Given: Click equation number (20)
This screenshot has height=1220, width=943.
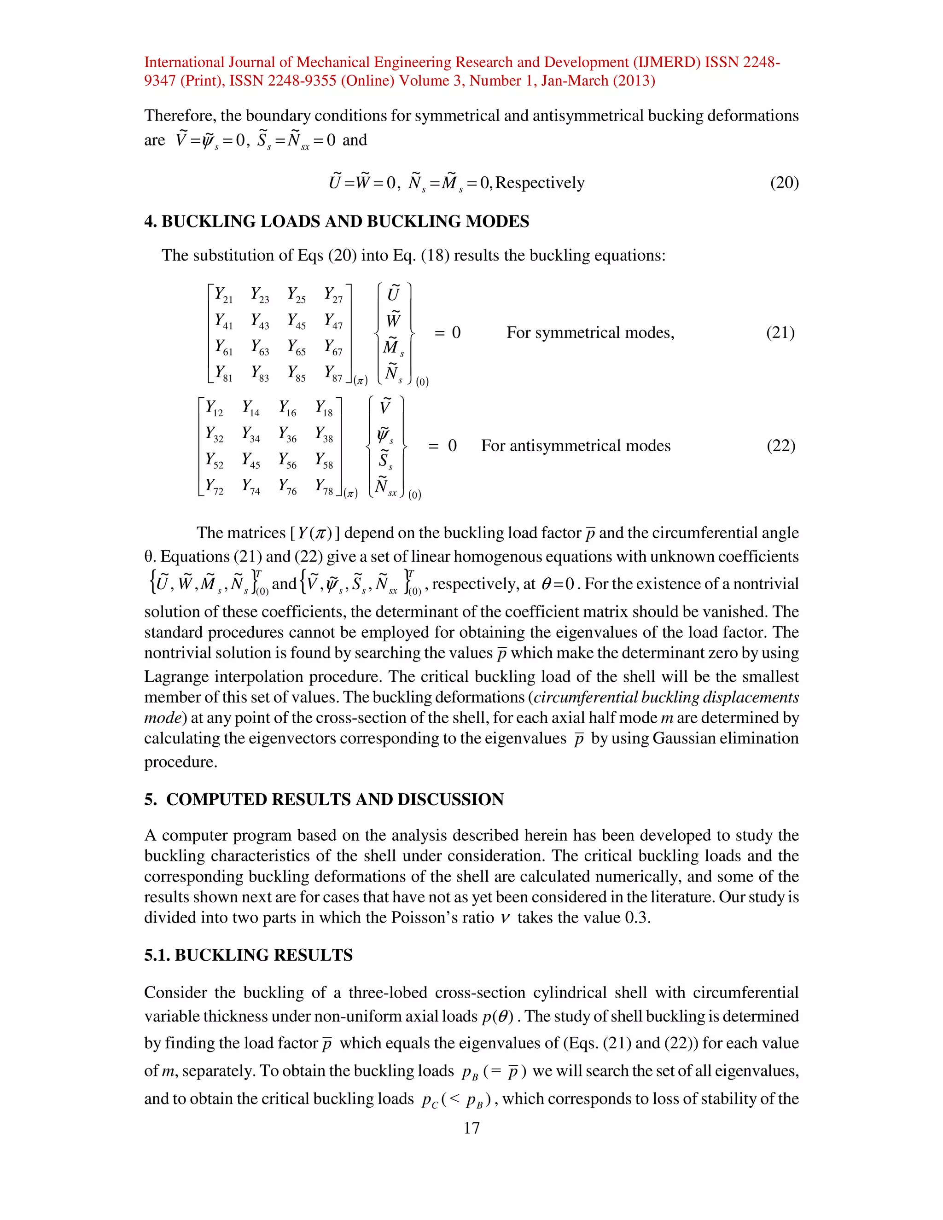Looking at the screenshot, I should (x=784, y=183).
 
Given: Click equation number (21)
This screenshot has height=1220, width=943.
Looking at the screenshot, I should (x=780, y=332).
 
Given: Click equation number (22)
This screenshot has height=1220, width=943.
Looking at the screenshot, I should (x=780, y=445).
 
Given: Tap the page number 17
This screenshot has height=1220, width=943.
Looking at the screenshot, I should (x=471, y=1128).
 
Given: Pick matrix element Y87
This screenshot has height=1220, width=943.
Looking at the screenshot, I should (x=333, y=373).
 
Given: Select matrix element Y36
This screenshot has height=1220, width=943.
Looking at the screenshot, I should (x=288, y=434).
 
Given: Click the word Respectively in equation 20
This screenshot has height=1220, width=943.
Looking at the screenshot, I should (x=540, y=183).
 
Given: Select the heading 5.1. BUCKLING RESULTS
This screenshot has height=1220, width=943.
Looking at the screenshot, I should (x=248, y=955).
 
